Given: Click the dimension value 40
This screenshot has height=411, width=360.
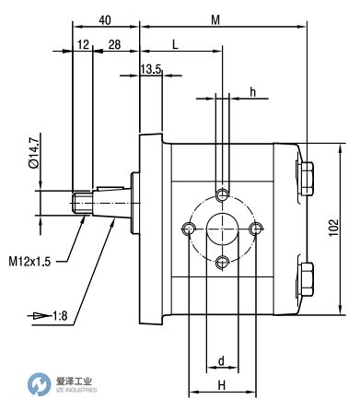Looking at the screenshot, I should point(104,19).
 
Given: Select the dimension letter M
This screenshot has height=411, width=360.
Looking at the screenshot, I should point(216,19).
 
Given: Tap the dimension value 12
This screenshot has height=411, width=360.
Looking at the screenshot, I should point(84,45).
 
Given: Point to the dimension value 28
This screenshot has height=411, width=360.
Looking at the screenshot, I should point(115,45).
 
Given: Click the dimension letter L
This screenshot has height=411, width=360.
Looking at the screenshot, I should point(174,45).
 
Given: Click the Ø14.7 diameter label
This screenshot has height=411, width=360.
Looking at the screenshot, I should point(33,154).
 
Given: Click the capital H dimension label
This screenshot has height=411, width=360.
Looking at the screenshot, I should point(221,385).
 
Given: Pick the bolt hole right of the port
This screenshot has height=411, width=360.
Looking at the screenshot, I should point(255,229).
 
